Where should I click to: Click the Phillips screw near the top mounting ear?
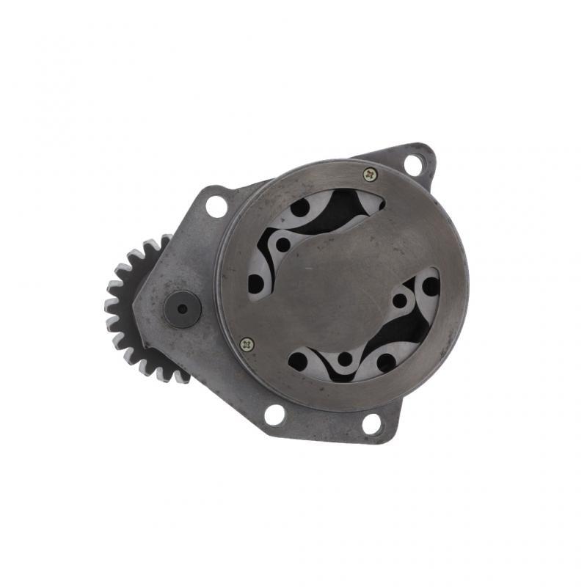click(370, 174)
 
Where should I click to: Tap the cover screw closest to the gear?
click(247, 343)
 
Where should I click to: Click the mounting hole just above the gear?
click(216, 205)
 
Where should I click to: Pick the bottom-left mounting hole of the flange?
click(274, 415)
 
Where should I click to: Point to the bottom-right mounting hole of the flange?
click(372, 423)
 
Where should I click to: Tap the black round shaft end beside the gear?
click(182, 309)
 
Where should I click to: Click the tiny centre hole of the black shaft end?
click(182, 309)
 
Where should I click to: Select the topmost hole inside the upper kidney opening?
click(300, 208)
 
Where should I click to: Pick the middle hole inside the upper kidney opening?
click(283, 244)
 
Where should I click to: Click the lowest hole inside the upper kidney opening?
click(256, 283)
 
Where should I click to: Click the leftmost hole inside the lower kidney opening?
click(298, 361)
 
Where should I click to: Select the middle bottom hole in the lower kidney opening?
click(344, 360)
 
